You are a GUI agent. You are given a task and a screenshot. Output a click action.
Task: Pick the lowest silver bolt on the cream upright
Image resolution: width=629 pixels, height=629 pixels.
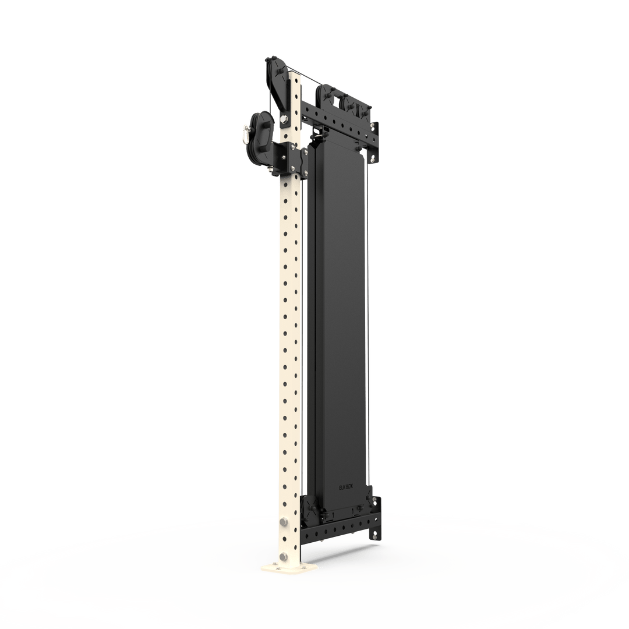tap(284, 557)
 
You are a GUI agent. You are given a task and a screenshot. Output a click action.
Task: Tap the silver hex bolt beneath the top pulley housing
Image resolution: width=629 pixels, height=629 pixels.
tap(283, 119)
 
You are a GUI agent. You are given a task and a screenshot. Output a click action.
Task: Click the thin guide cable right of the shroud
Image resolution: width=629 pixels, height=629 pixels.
tap(369, 326)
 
